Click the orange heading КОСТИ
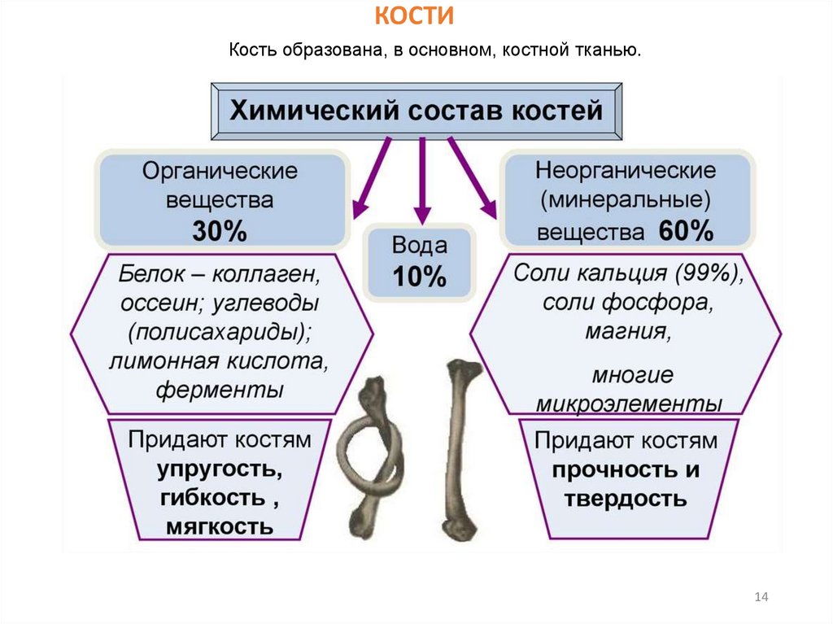pos(415,15)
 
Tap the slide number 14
pos(761,598)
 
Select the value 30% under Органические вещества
pos(219,232)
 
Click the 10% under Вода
pos(419,278)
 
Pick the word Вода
pos(419,247)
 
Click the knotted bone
pos(371,456)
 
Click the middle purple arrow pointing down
pos(421,183)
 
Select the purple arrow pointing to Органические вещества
pos(370,181)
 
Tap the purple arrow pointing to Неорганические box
pos(473,181)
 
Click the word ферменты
pos(220,389)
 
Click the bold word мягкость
pos(220,526)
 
